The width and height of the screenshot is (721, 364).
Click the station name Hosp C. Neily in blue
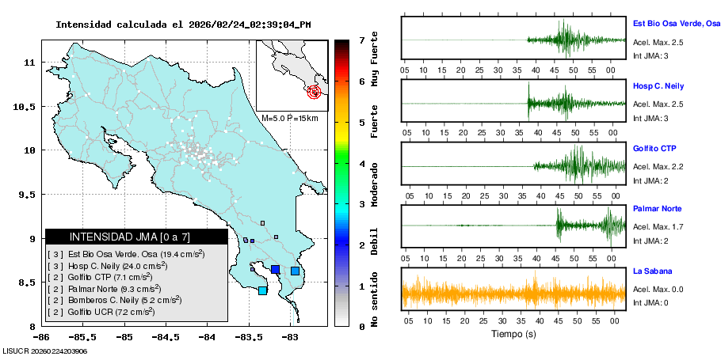(658, 85)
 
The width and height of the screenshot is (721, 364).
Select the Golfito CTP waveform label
(654, 149)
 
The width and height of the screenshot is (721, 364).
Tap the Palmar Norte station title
(658, 209)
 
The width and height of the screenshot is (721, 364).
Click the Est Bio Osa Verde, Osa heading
(676, 24)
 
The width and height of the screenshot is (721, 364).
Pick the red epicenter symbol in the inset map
(315, 92)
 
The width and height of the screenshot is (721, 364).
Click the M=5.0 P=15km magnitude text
(289, 119)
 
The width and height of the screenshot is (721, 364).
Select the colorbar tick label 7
(361, 40)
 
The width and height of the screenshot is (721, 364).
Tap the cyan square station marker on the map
(263, 291)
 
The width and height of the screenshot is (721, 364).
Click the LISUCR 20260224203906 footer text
(44, 351)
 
